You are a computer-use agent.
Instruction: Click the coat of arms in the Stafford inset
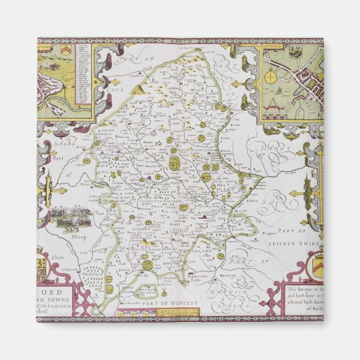(x=65, y=52)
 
